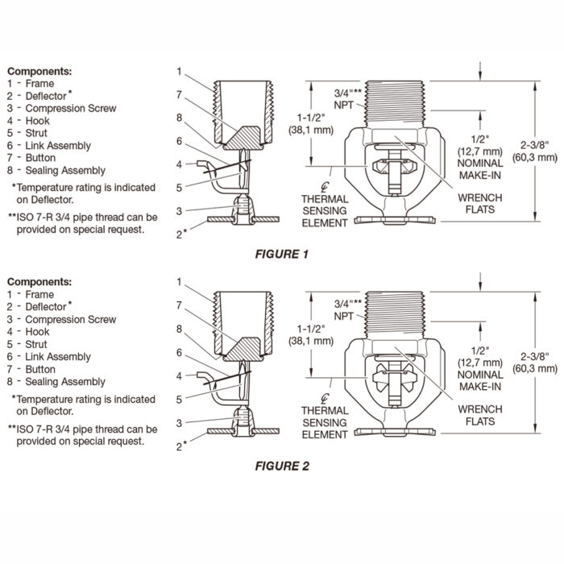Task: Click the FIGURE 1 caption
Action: click(x=282, y=255)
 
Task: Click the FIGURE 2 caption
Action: click(x=282, y=467)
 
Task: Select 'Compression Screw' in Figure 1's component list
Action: click(x=71, y=108)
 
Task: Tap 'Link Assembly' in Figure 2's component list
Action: click(x=58, y=357)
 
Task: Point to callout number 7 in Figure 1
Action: click(x=179, y=94)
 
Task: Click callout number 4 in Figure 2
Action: click(x=179, y=376)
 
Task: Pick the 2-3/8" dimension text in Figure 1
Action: click(x=535, y=145)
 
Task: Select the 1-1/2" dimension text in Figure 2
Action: click(x=311, y=329)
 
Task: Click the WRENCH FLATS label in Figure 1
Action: click(x=480, y=204)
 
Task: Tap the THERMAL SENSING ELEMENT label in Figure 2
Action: click(x=325, y=423)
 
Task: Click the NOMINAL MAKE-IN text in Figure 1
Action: click(x=480, y=169)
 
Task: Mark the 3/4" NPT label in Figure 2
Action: click(x=347, y=309)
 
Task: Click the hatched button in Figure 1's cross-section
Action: click(x=242, y=138)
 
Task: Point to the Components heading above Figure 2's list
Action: click(x=39, y=282)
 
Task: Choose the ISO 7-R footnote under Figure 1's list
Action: click(x=83, y=223)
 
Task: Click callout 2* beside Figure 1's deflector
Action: click(x=181, y=234)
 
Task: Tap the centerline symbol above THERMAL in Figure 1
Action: click(x=325, y=187)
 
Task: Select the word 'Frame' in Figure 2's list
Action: click(x=39, y=295)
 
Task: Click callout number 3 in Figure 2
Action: click(x=179, y=423)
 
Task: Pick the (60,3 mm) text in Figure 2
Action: click(x=535, y=369)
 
